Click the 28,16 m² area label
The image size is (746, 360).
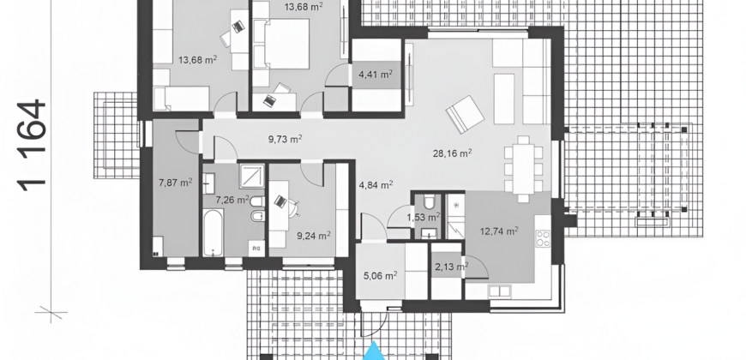[x=452, y=153]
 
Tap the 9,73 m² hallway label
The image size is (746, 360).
[x=286, y=140]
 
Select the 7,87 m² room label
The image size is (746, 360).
[x=175, y=182]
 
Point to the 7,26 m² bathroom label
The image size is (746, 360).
[x=232, y=200]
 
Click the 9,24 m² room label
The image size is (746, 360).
[x=314, y=236]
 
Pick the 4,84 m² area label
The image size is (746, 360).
[x=376, y=184]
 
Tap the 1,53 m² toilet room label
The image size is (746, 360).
[x=424, y=218]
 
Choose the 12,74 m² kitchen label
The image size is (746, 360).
[x=499, y=231]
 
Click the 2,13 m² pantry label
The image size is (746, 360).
[x=452, y=267]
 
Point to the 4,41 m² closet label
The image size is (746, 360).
[x=376, y=75]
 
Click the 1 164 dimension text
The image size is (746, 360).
[x=32, y=145]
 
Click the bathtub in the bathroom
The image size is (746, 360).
[x=214, y=232]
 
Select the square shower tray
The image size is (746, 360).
[x=252, y=177]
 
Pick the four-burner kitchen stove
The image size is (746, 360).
[x=544, y=238]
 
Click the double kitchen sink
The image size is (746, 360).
[x=499, y=291]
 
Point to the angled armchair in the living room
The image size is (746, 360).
[x=465, y=114]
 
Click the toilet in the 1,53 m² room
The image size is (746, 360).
[x=429, y=202]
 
